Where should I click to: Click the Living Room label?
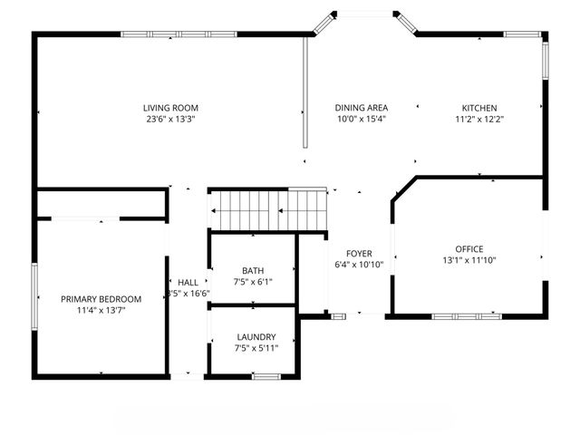[x=170, y=108]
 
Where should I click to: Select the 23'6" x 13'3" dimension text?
[x=170, y=119]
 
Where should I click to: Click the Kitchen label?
[x=480, y=108]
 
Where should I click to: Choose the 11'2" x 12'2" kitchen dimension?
[x=480, y=119]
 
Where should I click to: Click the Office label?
[x=469, y=249]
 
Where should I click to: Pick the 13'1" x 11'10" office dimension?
[x=469, y=260]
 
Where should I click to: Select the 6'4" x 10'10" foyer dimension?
[x=359, y=265]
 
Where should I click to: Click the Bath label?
[x=253, y=271]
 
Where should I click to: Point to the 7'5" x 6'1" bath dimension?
[x=253, y=282]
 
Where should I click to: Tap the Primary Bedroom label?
[x=101, y=299]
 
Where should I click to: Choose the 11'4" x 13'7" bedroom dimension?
[x=101, y=310]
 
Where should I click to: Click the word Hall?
[x=188, y=283]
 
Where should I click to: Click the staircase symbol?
[x=268, y=209]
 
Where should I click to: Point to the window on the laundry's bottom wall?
[x=265, y=375]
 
